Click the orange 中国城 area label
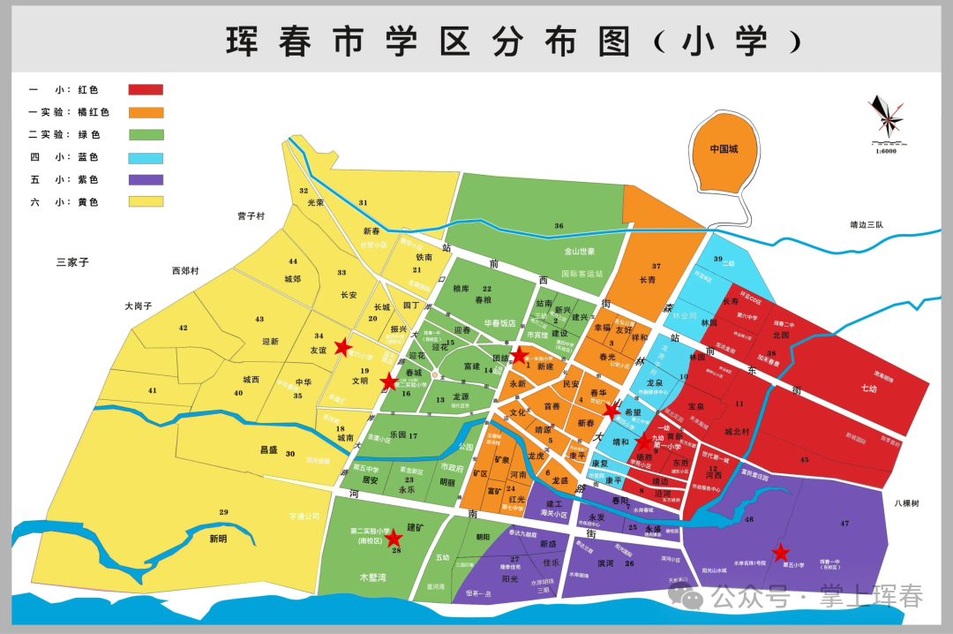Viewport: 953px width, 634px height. click(x=724, y=149)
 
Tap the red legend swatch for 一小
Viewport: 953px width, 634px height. click(x=146, y=89)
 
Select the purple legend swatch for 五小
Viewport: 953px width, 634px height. click(x=146, y=179)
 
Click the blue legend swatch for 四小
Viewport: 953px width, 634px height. click(x=146, y=157)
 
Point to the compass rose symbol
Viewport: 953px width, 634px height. click(x=885, y=115)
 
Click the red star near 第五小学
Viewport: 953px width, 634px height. click(x=780, y=553)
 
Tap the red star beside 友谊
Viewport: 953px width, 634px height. click(x=343, y=347)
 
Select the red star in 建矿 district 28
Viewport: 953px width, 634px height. click(x=394, y=538)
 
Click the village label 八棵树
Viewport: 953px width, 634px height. click(x=905, y=503)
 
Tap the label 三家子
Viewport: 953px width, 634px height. click(x=73, y=262)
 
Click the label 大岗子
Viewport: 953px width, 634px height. click(x=139, y=306)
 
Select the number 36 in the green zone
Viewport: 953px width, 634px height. click(x=559, y=226)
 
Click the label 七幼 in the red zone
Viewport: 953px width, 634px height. click(x=868, y=388)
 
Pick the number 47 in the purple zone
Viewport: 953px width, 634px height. click(x=844, y=524)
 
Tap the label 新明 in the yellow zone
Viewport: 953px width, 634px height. click(x=218, y=538)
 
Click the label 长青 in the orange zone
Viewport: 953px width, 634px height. click(x=648, y=280)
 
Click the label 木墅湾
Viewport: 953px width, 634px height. click(x=375, y=577)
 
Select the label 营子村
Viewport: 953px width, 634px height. click(x=251, y=215)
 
